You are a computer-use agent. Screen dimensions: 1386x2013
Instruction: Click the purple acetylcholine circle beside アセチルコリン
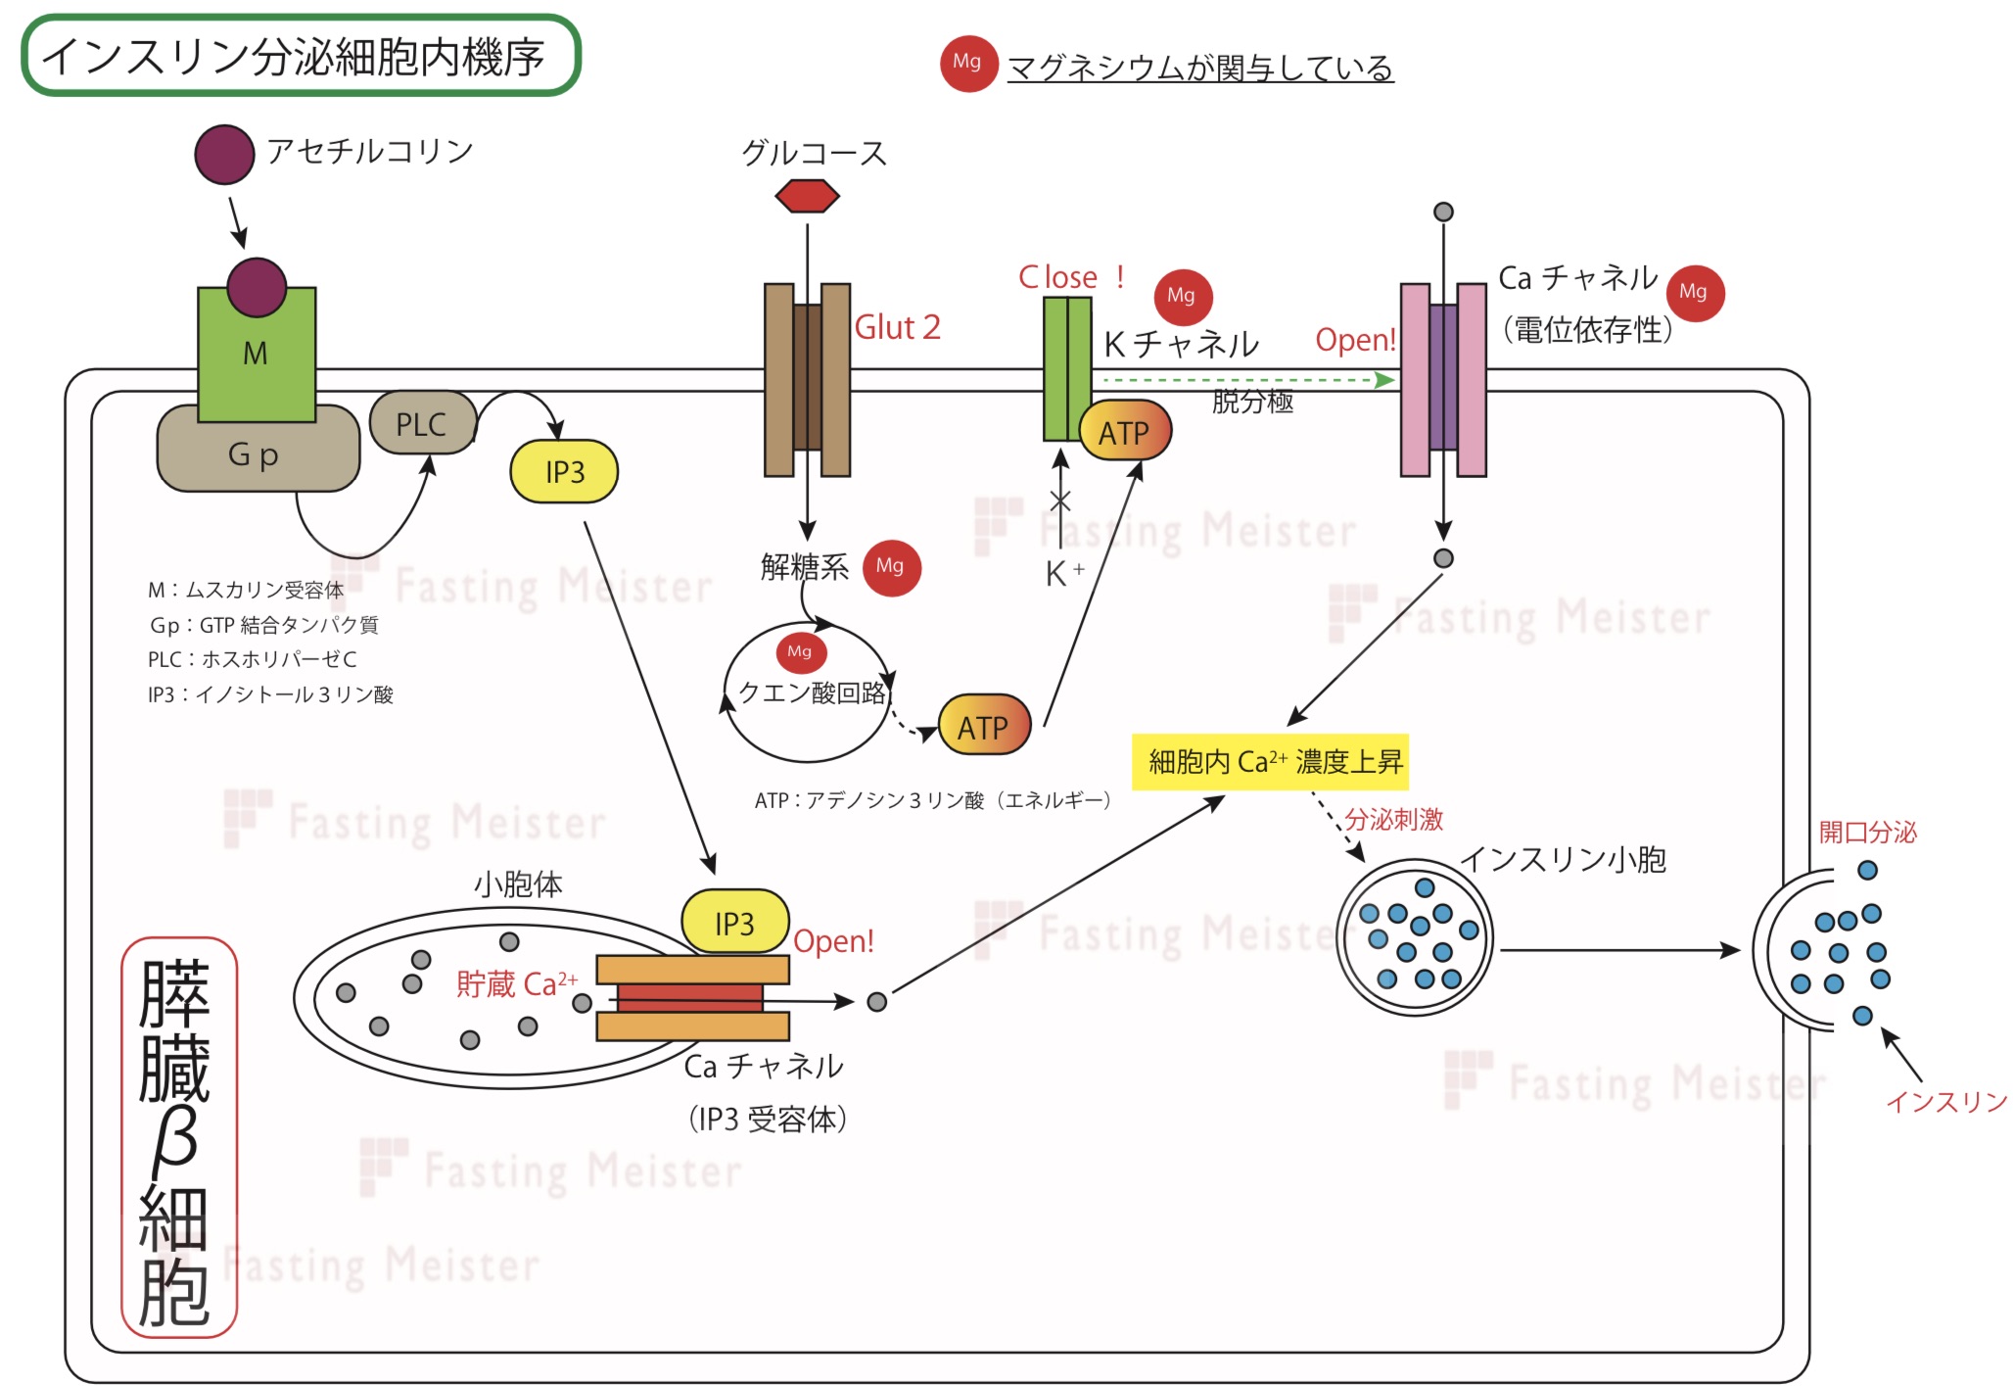[x=224, y=155]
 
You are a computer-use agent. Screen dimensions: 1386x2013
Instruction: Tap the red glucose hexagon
[x=807, y=196]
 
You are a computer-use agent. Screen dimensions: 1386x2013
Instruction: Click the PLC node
[x=422, y=423]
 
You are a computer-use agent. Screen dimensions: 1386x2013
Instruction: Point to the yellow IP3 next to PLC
[x=564, y=471]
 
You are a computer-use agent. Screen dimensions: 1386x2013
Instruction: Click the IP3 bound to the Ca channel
[x=734, y=922]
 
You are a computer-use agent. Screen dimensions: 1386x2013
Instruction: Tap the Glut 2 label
[x=897, y=327]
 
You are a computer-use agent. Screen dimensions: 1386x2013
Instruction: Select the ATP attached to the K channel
[x=1125, y=432]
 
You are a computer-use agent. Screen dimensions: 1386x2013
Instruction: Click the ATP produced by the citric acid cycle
[x=984, y=726]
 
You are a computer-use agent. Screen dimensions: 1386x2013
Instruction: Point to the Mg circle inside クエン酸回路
[x=800, y=651]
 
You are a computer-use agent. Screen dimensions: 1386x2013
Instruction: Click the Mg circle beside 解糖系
[x=891, y=566]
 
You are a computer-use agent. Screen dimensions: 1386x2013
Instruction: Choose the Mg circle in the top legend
[x=967, y=63]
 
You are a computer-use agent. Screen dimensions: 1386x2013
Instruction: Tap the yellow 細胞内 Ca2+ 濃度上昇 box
[x=1270, y=761]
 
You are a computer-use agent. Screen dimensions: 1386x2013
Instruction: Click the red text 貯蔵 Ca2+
[x=516, y=983]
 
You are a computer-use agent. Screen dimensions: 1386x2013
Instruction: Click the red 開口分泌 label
[x=1867, y=833]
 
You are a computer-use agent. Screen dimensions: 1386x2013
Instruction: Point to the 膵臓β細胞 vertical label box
[x=178, y=1136]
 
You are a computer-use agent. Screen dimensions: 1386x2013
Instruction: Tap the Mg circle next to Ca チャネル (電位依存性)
[x=1694, y=292]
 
